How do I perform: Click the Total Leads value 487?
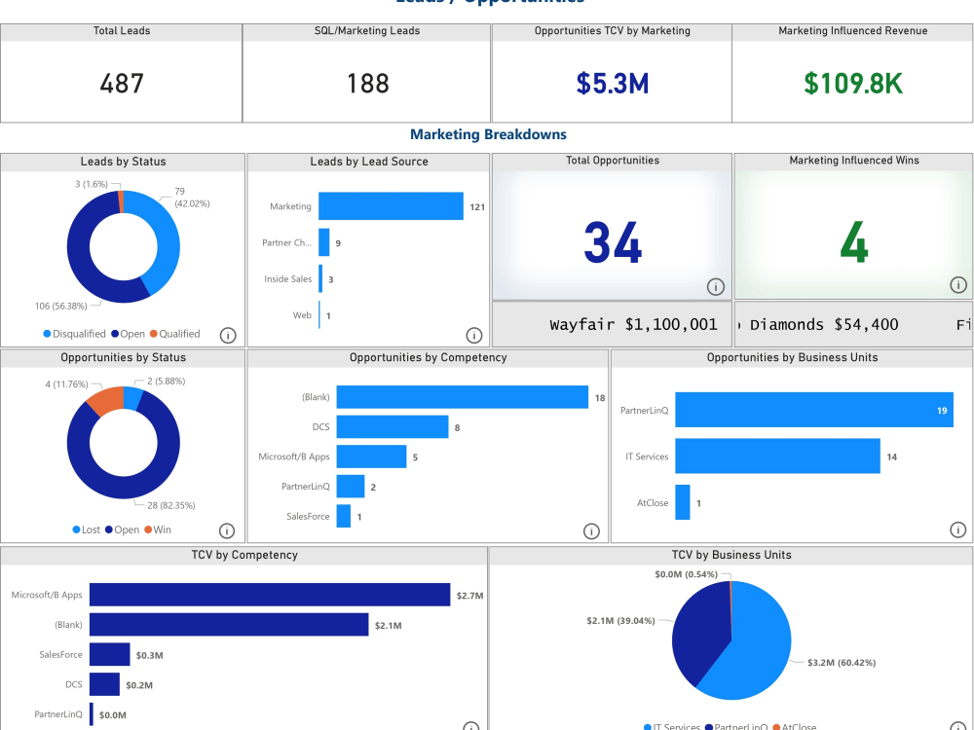122,84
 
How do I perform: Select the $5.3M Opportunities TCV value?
612,84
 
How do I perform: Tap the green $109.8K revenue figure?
853,84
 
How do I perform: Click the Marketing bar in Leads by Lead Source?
391,206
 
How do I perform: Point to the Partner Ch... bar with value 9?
324,242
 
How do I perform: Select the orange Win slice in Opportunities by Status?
103,399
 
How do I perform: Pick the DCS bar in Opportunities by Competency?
392,426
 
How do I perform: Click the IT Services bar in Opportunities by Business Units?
777,456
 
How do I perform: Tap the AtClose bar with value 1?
682,502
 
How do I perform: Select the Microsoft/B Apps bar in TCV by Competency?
269,595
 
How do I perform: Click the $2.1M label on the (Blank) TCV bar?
388,625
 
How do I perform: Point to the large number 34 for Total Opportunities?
613,242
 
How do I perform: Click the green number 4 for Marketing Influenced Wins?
853,242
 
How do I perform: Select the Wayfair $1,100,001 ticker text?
633,325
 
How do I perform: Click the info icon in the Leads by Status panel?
228,335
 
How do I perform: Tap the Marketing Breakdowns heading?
488,134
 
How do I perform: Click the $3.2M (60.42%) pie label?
842,663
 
